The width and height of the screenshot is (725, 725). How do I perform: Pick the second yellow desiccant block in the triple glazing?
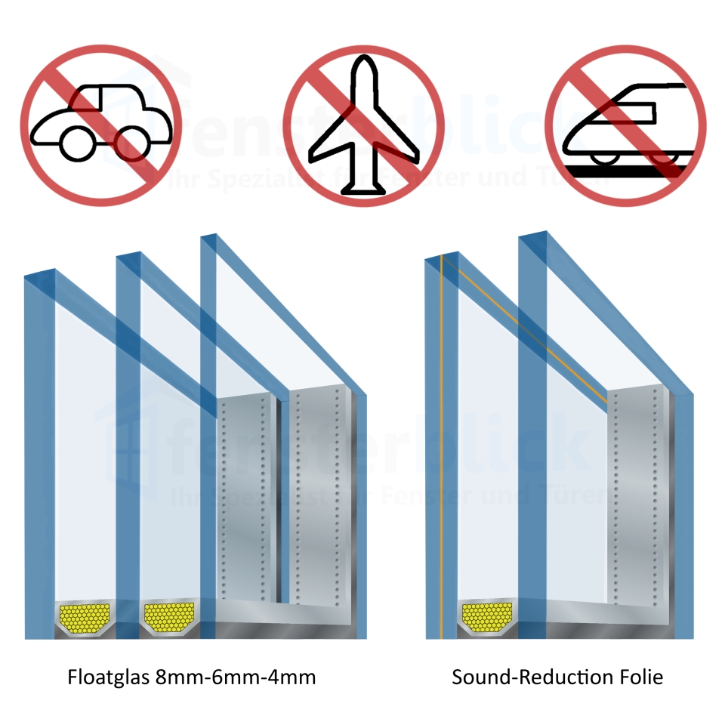point(169,617)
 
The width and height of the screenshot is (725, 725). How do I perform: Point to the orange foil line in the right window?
point(439,453)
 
